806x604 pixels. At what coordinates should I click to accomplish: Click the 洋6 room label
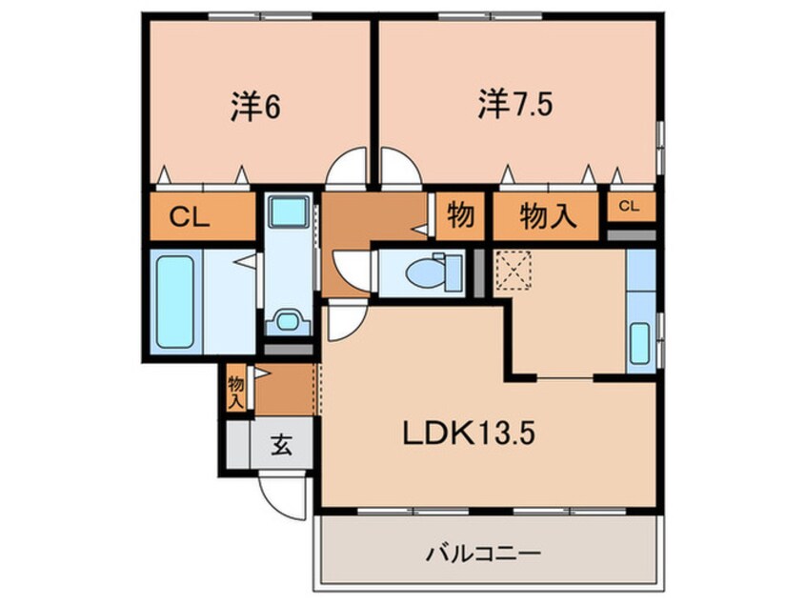pyautogui.click(x=254, y=107)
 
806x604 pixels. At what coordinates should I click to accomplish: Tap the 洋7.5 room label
pyautogui.click(x=514, y=106)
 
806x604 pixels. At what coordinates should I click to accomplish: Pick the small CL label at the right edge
pyautogui.click(x=631, y=206)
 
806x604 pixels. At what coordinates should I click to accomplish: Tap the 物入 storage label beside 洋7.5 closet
pyautogui.click(x=549, y=216)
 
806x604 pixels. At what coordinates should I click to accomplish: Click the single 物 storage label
pyautogui.click(x=461, y=216)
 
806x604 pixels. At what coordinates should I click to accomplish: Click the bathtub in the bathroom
pyautogui.click(x=175, y=299)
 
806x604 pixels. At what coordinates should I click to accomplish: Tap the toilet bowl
pyautogui.click(x=425, y=273)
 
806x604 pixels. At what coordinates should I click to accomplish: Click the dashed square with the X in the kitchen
pyautogui.click(x=513, y=271)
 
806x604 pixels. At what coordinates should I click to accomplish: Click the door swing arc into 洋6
pyautogui.click(x=347, y=166)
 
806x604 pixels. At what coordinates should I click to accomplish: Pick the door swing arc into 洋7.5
pyautogui.click(x=400, y=166)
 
